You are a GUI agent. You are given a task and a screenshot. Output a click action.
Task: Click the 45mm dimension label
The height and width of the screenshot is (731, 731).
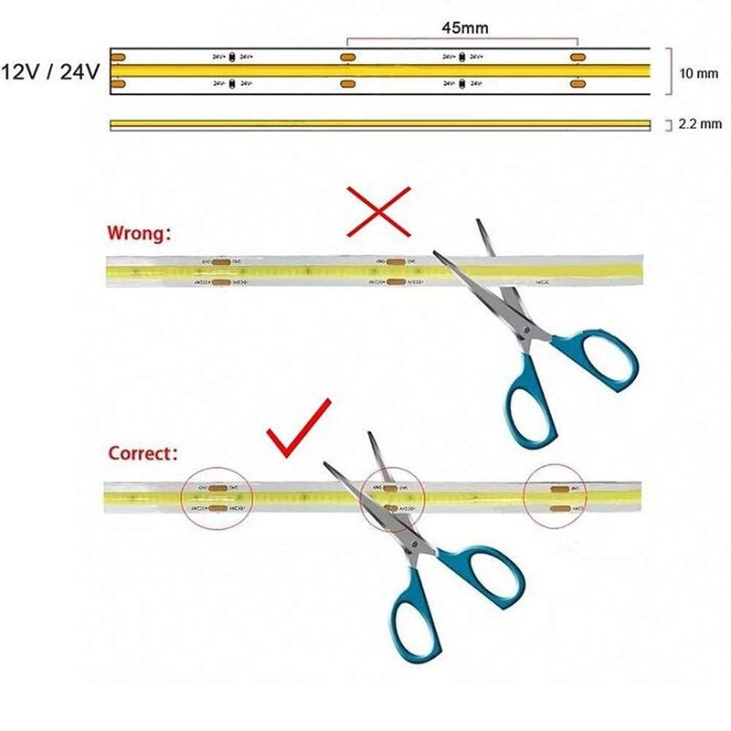point(464,28)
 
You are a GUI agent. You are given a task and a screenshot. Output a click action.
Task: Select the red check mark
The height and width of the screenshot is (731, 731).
point(298,429)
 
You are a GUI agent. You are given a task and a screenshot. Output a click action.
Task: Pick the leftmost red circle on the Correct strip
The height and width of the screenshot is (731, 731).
point(217,497)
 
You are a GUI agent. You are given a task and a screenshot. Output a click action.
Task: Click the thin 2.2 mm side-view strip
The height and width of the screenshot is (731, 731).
point(379,123)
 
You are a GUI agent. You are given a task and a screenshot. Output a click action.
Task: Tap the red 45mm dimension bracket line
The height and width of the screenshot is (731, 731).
point(462,40)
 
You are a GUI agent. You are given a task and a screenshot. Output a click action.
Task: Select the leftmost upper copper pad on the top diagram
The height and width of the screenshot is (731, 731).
point(119,58)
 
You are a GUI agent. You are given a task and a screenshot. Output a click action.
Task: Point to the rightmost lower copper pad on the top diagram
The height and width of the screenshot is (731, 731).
point(577,85)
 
